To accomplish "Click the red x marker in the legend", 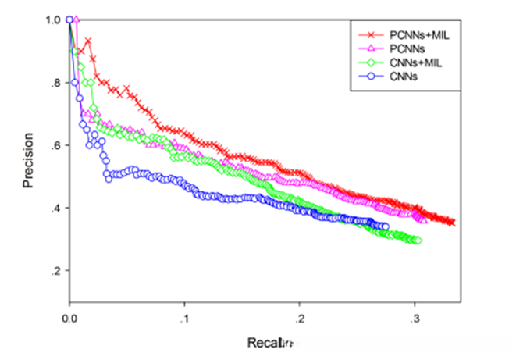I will click(x=370, y=35).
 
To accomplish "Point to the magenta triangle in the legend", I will click(x=370, y=48).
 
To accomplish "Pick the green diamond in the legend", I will click(x=370, y=62).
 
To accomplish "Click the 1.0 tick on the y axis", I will click(x=54, y=20).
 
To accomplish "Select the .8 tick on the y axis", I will click(x=55, y=83).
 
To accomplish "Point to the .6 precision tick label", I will click(x=55, y=145).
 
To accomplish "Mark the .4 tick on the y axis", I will click(x=55, y=208).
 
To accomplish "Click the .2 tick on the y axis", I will click(x=55, y=271).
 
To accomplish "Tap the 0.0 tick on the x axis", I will click(x=69, y=319).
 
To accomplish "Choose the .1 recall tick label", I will click(x=184, y=319).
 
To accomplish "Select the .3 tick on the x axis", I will click(x=415, y=319).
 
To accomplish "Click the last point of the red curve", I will click(x=451, y=223).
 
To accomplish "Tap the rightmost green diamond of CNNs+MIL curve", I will click(x=418, y=240).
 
